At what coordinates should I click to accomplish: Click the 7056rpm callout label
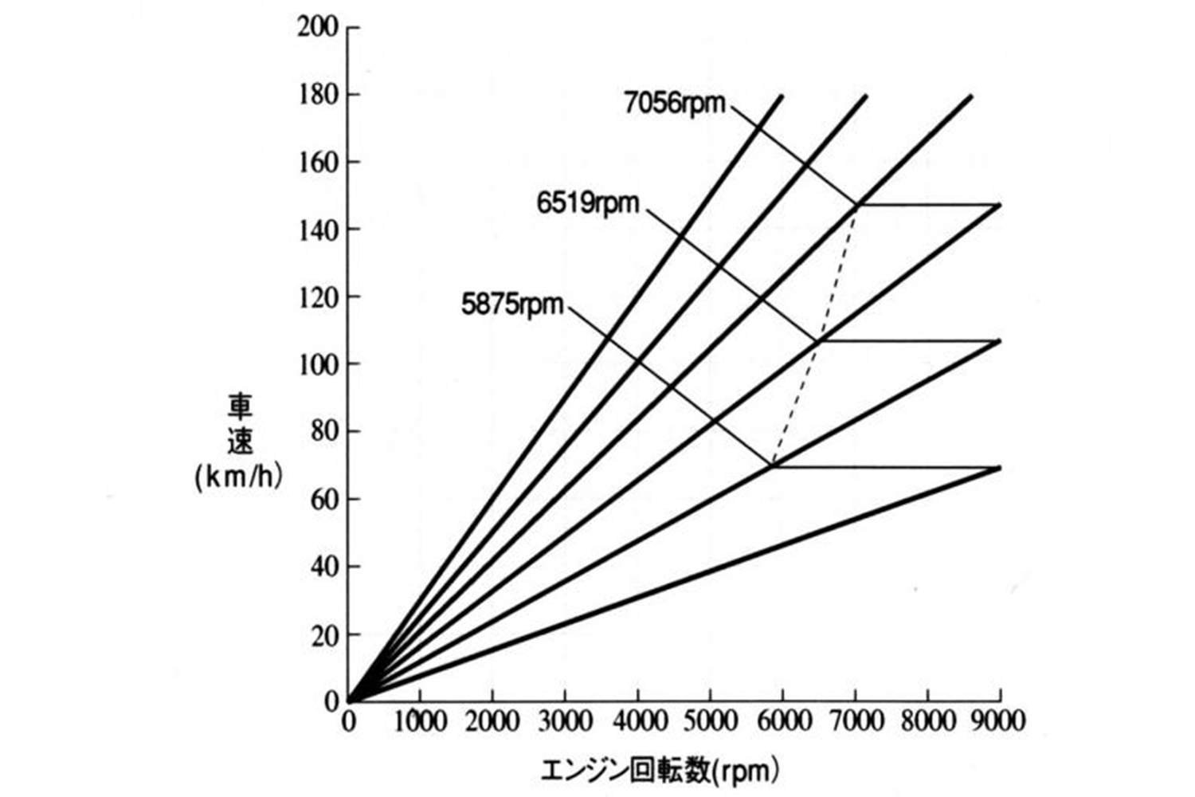point(674,104)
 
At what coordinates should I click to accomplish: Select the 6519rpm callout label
point(587,205)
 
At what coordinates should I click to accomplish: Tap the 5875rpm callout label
point(512,305)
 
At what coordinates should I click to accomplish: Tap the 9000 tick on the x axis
point(999,722)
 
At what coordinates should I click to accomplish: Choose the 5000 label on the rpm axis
point(709,722)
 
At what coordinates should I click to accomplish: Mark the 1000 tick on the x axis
point(420,722)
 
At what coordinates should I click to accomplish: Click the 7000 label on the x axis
point(855,722)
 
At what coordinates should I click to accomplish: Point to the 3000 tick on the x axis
point(565,722)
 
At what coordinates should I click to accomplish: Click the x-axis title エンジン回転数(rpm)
point(660,771)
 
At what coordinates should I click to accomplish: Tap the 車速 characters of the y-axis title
point(239,425)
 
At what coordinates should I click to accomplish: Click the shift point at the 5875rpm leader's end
point(773,465)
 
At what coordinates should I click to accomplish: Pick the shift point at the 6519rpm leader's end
point(820,340)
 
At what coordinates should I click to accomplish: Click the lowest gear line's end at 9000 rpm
point(999,468)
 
